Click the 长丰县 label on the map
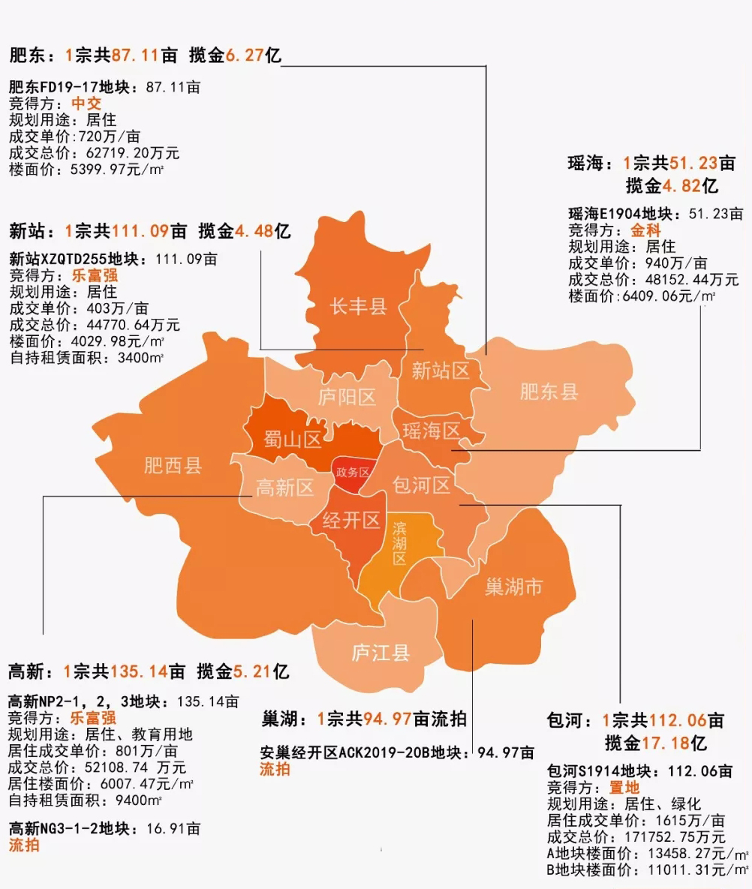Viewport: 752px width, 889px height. [x=358, y=306]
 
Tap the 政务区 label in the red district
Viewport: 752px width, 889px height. [x=353, y=473]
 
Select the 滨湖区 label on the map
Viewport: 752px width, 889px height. [x=399, y=543]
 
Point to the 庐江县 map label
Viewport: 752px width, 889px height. [x=381, y=653]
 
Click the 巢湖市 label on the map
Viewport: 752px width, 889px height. [x=513, y=587]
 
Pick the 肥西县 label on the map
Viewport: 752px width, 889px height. [x=173, y=466]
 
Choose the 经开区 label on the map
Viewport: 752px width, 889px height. [x=351, y=521]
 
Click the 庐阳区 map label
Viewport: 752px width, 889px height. [x=347, y=397]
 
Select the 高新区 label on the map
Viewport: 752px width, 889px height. [x=284, y=488]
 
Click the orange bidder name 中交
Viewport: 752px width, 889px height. [x=86, y=104]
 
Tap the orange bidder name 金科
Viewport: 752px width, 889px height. [x=645, y=230]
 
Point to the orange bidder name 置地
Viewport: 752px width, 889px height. [x=624, y=787]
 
